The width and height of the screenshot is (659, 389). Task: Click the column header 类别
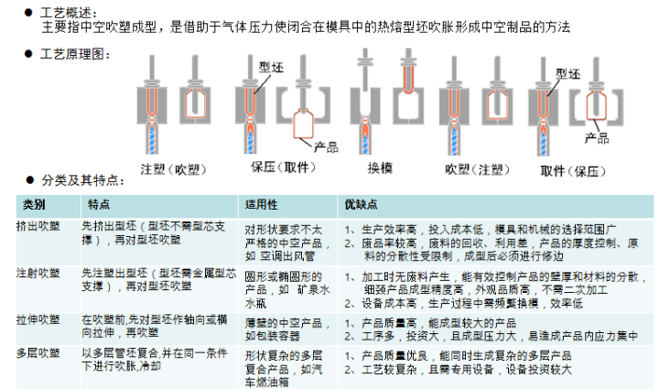[x=34, y=205]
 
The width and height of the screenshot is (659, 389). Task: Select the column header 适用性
[x=261, y=205]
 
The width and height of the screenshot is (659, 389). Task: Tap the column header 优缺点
[x=361, y=205]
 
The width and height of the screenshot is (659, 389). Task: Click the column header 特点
[x=99, y=205]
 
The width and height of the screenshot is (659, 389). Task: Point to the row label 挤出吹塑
[x=38, y=226]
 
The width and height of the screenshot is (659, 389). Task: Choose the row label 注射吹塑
[x=38, y=273]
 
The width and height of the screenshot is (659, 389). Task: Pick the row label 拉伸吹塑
[x=38, y=319]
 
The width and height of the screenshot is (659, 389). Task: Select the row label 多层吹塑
[x=38, y=353]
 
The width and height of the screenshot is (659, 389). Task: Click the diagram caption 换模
[x=380, y=168]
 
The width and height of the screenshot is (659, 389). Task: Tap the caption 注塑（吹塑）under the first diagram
[x=173, y=169]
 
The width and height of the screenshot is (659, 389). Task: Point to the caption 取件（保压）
[x=573, y=171]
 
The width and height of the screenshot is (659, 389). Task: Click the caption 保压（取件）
[x=283, y=167]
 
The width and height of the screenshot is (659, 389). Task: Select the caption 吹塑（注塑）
[x=477, y=169]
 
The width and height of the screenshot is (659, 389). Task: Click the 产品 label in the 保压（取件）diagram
[x=326, y=147]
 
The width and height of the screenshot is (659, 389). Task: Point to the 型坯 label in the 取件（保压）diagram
[x=567, y=74]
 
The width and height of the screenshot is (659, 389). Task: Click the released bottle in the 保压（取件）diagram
[x=303, y=124]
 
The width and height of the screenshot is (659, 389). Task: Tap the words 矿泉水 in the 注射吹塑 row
[x=314, y=289]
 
